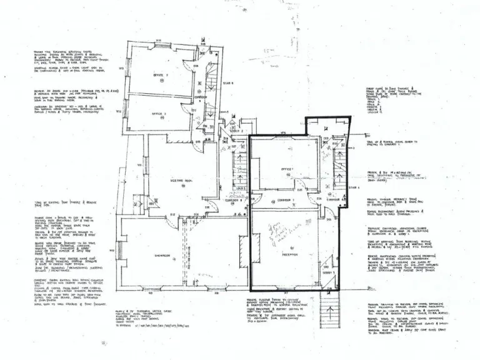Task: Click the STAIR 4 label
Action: (x=354, y=186)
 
